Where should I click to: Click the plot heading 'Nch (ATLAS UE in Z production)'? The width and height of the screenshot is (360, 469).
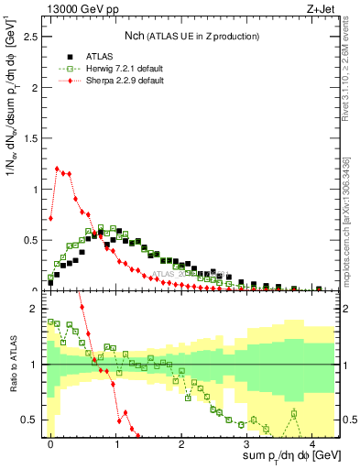tap(192, 36)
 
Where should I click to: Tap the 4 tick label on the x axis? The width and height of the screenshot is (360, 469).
tap(312, 443)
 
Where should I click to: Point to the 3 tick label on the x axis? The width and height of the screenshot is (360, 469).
tap(247, 443)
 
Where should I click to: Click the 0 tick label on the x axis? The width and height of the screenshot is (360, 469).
tap(51, 443)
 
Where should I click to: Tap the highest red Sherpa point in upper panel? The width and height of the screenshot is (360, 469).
tap(57, 169)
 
